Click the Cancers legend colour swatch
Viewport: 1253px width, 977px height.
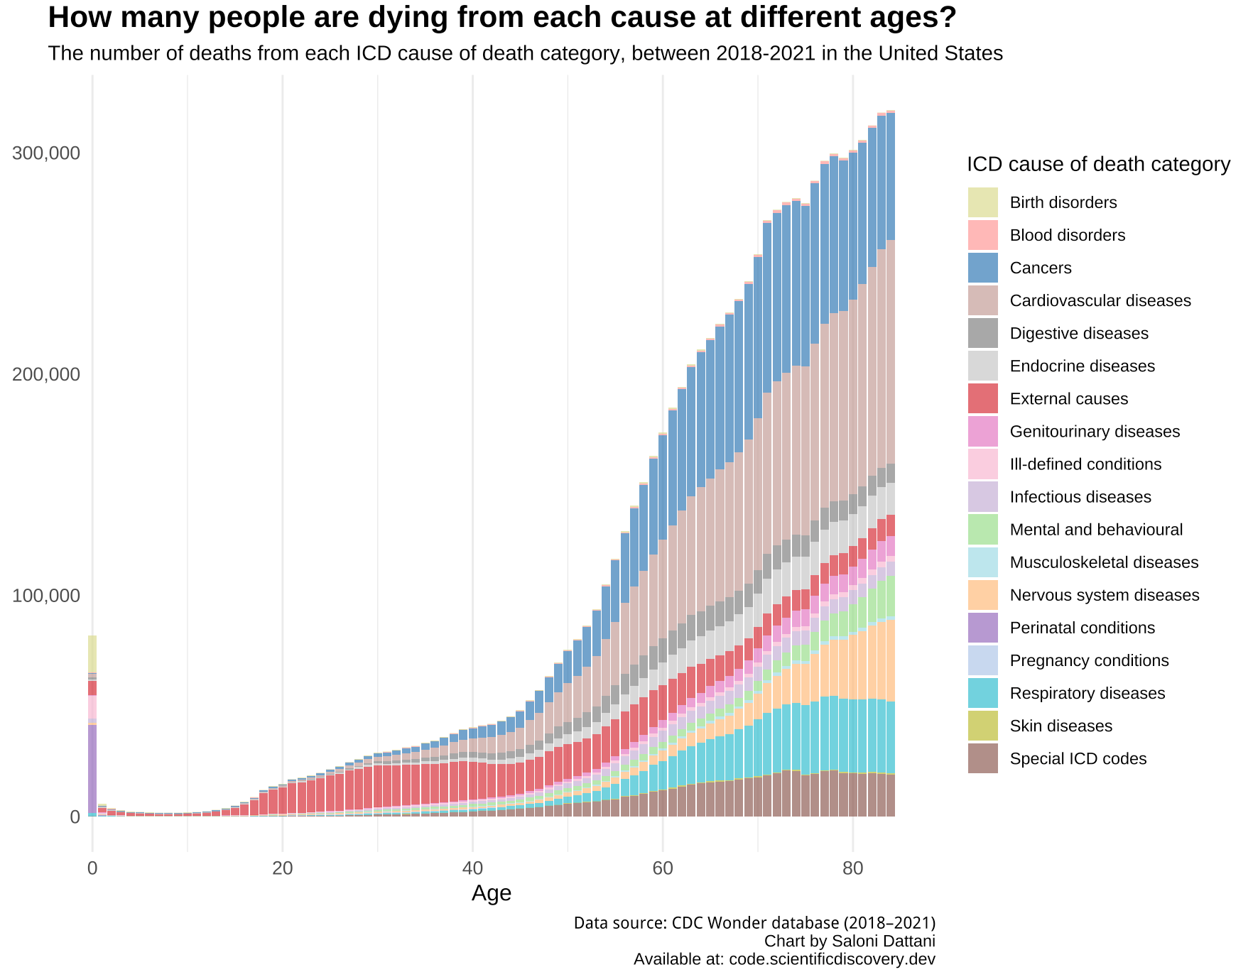click(982, 268)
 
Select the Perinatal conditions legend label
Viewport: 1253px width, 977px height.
click(1082, 628)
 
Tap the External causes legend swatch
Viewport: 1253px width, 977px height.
click(982, 398)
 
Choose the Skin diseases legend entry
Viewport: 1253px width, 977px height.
click(1061, 726)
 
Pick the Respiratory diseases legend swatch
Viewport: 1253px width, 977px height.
click(982, 693)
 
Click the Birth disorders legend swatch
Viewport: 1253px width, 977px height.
click(982, 202)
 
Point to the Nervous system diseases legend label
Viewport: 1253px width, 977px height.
click(1104, 595)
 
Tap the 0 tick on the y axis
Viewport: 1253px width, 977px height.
click(74, 817)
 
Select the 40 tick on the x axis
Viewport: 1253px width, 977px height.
click(472, 868)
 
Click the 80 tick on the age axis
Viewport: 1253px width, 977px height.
click(852, 868)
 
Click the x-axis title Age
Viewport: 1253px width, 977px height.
click(491, 893)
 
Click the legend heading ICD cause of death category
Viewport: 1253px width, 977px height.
click(1098, 165)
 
